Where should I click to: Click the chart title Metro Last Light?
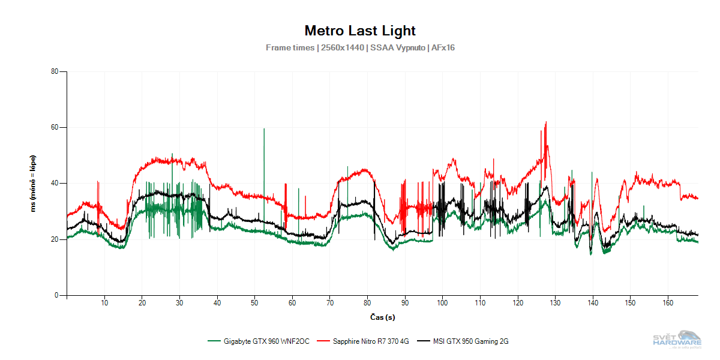click(360, 31)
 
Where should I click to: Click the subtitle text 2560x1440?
click(342, 47)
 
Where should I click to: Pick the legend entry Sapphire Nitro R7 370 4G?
click(370, 341)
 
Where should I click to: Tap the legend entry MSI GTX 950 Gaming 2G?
click(471, 341)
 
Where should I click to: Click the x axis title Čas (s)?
click(382, 317)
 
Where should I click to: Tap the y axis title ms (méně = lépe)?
click(34, 183)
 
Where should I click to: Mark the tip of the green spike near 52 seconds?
click(264, 128)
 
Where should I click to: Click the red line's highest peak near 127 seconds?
click(546, 122)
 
